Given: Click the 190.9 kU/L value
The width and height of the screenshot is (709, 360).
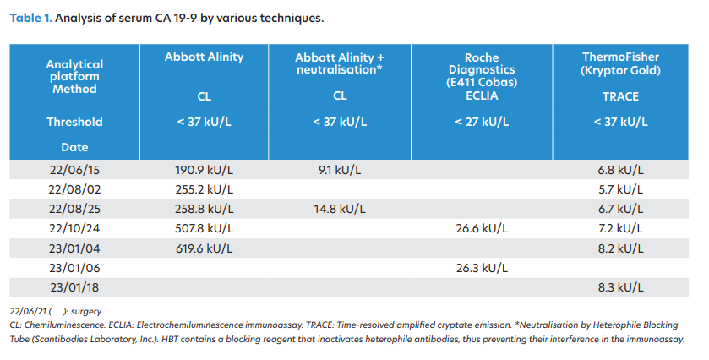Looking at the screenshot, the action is tap(205, 170).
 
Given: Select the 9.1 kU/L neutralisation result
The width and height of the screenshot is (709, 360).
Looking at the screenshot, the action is tap(340, 170).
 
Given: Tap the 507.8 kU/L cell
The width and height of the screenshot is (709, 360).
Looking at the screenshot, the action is tap(205, 228).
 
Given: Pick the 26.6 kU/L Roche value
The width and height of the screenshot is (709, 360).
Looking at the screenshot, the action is tap(482, 228).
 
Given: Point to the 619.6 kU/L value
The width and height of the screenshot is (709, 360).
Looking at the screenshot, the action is tap(205, 248).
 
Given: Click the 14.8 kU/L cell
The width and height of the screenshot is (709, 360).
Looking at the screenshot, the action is tap(340, 209).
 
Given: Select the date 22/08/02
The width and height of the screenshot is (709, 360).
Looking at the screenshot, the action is tap(74, 189).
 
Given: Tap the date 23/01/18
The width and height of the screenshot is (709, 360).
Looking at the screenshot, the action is tap(74, 287).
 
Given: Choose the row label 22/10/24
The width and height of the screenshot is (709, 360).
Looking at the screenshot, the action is tap(74, 228).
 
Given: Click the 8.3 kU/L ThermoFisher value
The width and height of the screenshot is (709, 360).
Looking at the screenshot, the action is tap(620, 287).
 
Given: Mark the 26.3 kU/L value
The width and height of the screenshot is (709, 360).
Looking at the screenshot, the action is tap(482, 268).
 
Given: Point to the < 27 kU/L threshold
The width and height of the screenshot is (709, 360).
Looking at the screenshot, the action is tap(482, 122).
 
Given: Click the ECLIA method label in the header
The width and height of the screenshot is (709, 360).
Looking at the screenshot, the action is tap(482, 95).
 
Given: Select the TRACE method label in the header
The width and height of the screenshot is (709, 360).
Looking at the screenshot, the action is tap(620, 96).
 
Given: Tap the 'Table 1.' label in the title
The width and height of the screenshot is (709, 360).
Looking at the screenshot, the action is tap(30, 18).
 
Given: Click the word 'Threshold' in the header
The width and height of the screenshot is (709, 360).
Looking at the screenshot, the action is tap(74, 122).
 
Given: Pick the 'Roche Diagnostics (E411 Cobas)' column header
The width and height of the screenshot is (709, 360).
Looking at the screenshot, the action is tap(482, 69).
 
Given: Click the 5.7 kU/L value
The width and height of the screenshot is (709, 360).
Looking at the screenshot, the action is tap(620, 189).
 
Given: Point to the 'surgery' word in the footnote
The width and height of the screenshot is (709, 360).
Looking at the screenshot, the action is tap(86, 312).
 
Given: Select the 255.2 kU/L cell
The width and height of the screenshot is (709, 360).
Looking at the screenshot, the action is tap(205, 189).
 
